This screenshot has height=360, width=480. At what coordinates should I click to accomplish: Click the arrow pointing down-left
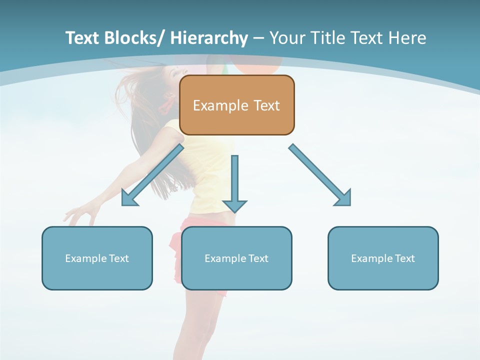(x=153, y=175)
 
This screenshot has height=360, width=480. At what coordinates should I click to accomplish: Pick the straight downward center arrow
(x=234, y=183)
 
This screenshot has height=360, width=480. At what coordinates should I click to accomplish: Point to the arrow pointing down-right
(x=320, y=175)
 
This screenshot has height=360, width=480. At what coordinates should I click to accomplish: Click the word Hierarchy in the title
(x=209, y=38)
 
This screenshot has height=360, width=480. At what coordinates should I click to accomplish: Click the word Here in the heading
(x=406, y=38)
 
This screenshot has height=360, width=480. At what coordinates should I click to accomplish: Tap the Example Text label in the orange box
(x=236, y=105)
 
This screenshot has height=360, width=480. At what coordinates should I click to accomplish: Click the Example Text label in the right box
(x=383, y=258)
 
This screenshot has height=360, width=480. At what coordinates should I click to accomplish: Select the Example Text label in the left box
(x=97, y=258)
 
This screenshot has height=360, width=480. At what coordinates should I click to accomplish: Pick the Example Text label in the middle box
(x=236, y=258)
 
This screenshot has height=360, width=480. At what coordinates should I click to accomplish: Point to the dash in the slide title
(x=258, y=38)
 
